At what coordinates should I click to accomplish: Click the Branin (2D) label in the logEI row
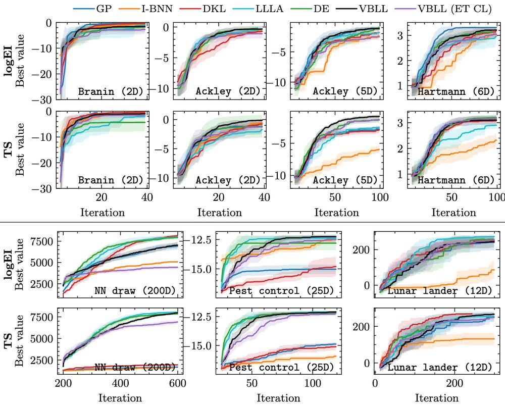tap(111, 92)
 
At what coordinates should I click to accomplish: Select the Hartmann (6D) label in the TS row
tap(464, 180)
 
